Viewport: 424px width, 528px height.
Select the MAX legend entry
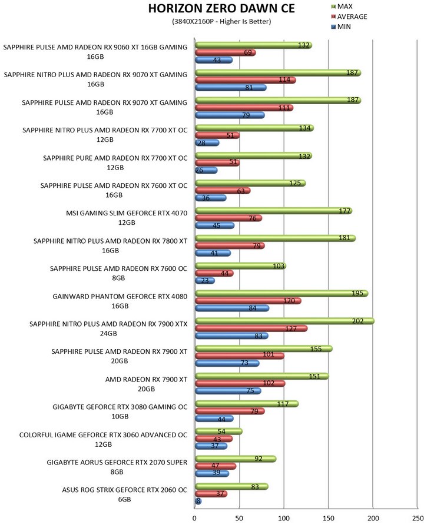(x=345, y=6)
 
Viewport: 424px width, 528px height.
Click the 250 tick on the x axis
(x=417, y=518)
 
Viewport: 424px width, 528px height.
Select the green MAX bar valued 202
(x=284, y=321)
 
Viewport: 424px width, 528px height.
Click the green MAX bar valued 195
(x=281, y=293)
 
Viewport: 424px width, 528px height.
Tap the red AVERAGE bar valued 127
(x=251, y=328)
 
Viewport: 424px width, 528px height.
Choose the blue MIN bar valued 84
(x=232, y=308)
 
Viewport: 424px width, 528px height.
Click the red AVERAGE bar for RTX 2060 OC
(x=211, y=494)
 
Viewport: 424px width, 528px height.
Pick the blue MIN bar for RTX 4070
(x=214, y=225)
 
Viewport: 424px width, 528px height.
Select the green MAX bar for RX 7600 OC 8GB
(x=240, y=266)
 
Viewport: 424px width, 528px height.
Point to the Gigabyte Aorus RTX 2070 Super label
(x=117, y=467)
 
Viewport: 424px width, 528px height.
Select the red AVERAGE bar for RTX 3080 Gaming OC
(x=230, y=411)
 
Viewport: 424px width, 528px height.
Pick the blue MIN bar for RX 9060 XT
(x=214, y=60)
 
